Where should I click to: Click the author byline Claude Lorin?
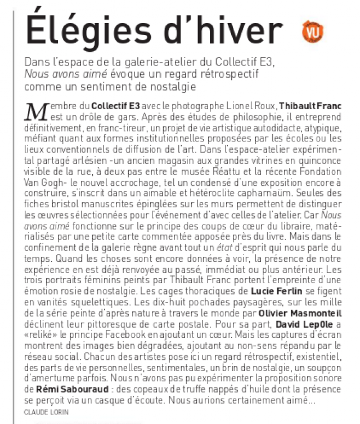(45, 413)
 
